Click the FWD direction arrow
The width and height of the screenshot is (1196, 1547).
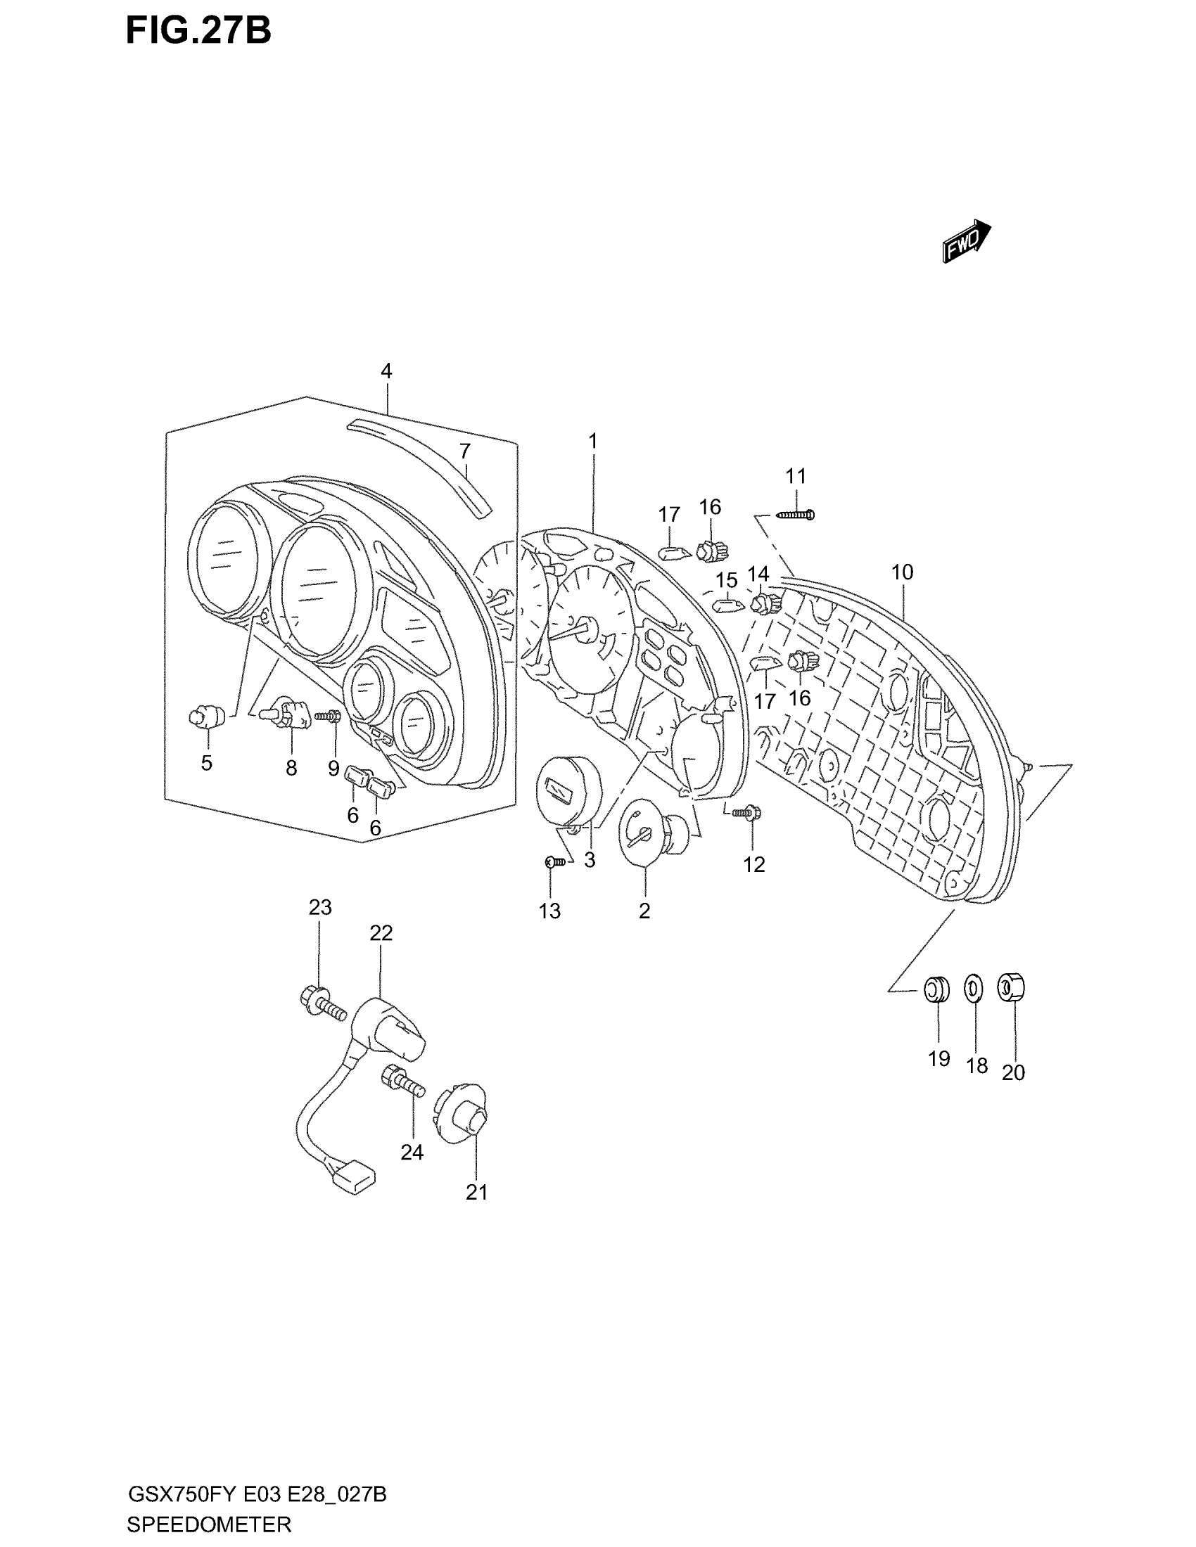pos(966,241)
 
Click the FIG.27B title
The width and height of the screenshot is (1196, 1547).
pos(198,32)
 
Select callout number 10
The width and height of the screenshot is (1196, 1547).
pos(902,572)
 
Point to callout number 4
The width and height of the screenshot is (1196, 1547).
pos(386,371)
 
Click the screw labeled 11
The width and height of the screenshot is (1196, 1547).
pos(796,515)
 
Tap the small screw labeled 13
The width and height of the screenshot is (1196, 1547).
pos(555,861)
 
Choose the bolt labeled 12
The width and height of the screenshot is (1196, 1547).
pos(746,814)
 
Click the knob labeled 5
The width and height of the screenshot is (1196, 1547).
pos(205,718)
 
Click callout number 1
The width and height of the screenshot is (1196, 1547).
pos(592,442)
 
